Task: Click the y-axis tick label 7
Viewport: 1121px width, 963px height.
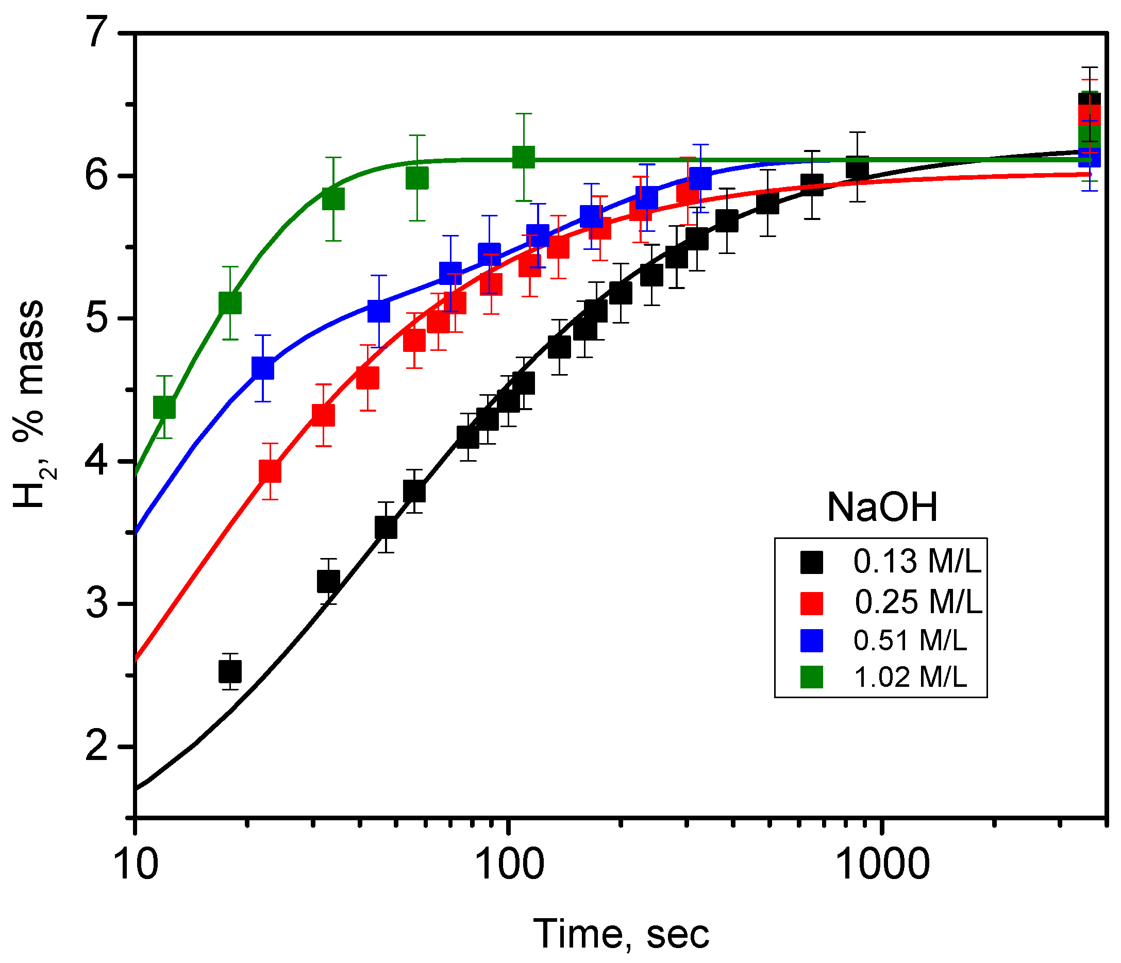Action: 102,33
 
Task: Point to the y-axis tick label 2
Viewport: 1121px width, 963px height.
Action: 102,747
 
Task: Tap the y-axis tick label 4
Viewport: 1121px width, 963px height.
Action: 102,462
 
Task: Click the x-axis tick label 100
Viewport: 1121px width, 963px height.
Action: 508,864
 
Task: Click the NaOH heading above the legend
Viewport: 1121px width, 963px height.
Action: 882,508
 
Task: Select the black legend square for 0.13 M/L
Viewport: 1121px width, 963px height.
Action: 812,563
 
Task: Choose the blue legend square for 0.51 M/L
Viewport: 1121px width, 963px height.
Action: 812,640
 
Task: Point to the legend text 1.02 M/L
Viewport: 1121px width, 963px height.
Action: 910,678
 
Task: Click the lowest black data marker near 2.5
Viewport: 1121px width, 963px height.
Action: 230,671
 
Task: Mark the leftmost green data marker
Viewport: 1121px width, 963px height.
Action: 164,407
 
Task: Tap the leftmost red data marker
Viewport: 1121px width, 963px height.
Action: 270,471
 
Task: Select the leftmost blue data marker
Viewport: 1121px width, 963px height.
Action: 263,368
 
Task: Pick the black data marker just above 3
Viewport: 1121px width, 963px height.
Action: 328,582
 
